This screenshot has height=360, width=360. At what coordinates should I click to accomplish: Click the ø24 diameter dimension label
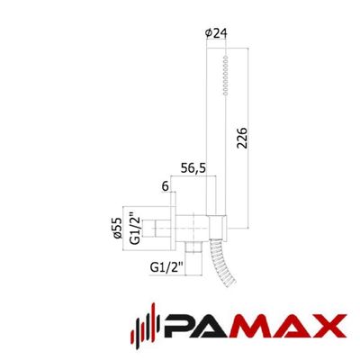coord(216,33)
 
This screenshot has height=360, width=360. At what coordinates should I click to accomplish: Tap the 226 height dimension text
coord(242,138)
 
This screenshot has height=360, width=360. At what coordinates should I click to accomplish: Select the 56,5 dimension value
coord(193,168)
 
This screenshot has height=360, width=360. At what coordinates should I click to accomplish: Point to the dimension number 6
coord(166,186)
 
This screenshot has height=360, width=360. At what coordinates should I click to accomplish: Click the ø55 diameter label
coord(118,228)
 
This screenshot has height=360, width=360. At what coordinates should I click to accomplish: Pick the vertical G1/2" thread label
coord(134,229)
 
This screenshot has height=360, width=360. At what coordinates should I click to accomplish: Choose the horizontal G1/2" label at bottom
coord(166,267)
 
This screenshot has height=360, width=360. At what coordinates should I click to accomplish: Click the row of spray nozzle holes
coord(226,76)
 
